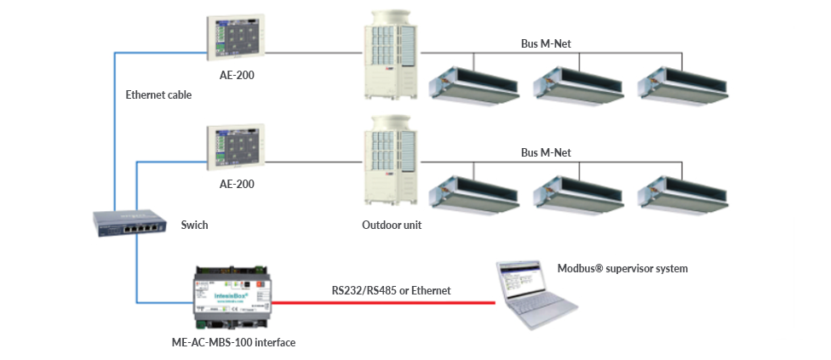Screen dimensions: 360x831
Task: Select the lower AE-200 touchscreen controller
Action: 232,147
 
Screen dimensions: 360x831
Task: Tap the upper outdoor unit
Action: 393,55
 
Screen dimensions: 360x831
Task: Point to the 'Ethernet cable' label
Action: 158,95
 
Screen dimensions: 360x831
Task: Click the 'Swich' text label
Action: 194,226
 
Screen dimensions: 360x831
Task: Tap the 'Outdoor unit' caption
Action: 392,226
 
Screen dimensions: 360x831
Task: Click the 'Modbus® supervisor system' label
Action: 622,268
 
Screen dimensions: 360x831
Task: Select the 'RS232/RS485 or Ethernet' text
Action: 391,290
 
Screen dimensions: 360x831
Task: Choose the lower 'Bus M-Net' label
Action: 546,152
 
